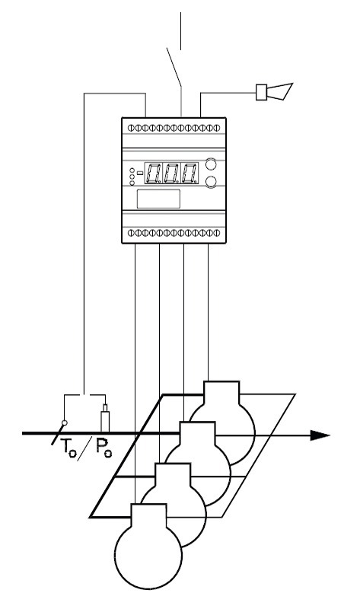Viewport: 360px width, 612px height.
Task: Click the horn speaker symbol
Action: click(x=274, y=91)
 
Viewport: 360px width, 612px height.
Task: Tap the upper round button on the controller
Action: click(x=211, y=164)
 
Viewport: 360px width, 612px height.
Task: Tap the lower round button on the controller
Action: click(x=211, y=181)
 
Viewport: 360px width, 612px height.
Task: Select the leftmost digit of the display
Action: click(x=154, y=173)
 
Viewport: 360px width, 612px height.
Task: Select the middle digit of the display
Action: click(x=172, y=173)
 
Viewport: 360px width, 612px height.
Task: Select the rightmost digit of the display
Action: click(x=190, y=173)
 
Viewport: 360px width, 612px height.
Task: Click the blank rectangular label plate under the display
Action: click(x=158, y=199)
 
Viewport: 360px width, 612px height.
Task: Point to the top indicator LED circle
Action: click(x=132, y=171)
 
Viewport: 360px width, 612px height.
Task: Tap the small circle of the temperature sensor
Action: click(x=65, y=422)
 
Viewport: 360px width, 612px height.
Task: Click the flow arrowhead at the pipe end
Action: click(x=320, y=435)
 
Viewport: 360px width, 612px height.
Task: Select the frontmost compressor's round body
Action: click(x=148, y=555)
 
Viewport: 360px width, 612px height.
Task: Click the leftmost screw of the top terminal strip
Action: click(x=131, y=128)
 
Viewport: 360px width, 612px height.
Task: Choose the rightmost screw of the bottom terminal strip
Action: click(x=217, y=233)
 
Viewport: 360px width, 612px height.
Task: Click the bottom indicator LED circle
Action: click(x=132, y=183)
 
